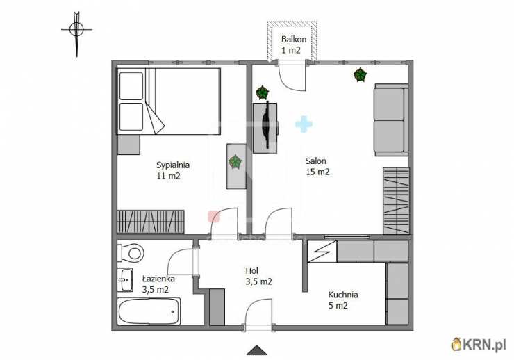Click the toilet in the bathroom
131,253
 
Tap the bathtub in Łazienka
149,311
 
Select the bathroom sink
125,279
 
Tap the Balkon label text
294,40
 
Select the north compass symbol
76,33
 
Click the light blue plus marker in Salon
304,124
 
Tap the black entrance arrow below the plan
257,350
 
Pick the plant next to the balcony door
262,92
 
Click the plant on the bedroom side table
235,162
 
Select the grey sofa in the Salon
391,120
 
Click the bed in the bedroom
169,101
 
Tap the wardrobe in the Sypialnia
151,222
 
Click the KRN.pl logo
479,344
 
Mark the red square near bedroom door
214,216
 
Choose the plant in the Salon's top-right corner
360,75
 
